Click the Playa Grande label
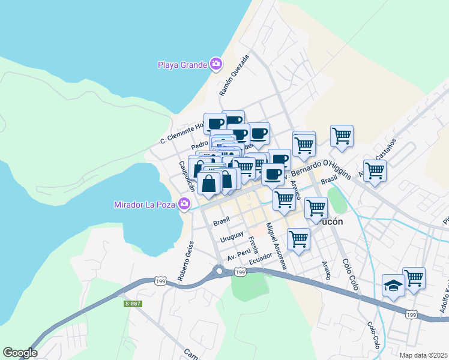[182, 65]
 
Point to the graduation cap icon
[393, 285]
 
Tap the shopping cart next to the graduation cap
[414, 278]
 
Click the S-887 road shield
[133, 304]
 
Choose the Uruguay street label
[232, 237]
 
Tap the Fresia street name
[253, 245]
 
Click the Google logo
[20, 353]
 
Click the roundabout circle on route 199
[219, 271]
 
